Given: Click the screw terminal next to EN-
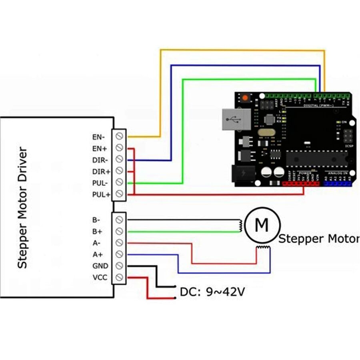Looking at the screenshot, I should (119, 136).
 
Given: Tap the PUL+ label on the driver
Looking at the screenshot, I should (101, 194).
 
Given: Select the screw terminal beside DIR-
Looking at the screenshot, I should (119, 160).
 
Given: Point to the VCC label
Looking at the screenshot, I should (100, 277).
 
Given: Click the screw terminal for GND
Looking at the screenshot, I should (119, 266).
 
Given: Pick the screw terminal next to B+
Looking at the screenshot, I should (119, 231).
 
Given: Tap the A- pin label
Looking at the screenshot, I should (96, 243).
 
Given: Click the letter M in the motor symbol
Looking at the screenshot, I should (262, 225).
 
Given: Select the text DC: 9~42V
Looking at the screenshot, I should (212, 292).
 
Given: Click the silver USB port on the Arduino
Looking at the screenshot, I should (235, 120).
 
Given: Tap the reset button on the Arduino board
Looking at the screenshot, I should (244, 98).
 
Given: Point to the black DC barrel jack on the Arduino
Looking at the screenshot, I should (242, 174).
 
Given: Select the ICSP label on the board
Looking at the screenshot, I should (348, 146).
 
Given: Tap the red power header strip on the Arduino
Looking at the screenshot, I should (301, 184).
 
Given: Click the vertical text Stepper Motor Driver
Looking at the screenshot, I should (22, 208).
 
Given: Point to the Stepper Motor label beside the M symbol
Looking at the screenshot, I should (318, 239).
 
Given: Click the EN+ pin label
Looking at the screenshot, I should (100, 148).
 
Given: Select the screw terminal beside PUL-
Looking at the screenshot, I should (119, 183).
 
